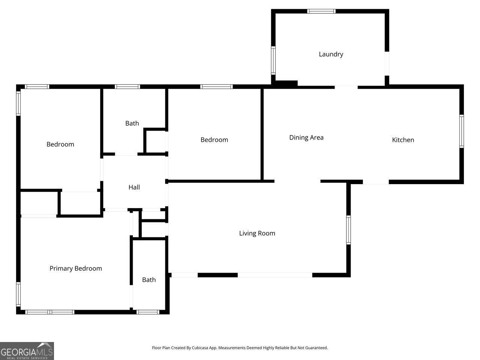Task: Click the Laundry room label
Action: click(x=331, y=54)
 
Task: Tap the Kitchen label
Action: click(x=403, y=140)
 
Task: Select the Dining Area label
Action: click(x=306, y=138)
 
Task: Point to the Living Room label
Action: click(x=257, y=233)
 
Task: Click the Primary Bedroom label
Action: click(x=76, y=268)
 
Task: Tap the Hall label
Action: click(x=134, y=187)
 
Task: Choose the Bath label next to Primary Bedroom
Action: click(x=149, y=280)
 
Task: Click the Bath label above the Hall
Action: click(x=132, y=123)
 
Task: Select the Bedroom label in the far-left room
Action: click(x=60, y=144)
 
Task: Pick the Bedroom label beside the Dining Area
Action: click(x=214, y=140)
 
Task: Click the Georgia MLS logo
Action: click(x=27, y=351)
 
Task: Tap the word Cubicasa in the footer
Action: click(x=200, y=348)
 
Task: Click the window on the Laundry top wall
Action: click(x=321, y=11)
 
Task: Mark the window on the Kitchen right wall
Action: click(x=462, y=131)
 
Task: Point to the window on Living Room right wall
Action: click(x=348, y=230)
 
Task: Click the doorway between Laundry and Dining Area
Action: click(x=346, y=87)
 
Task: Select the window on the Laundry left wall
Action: click(x=273, y=60)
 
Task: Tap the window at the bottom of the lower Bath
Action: click(x=148, y=312)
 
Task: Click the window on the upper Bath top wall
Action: click(x=127, y=87)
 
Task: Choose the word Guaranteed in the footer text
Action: click(x=315, y=348)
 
